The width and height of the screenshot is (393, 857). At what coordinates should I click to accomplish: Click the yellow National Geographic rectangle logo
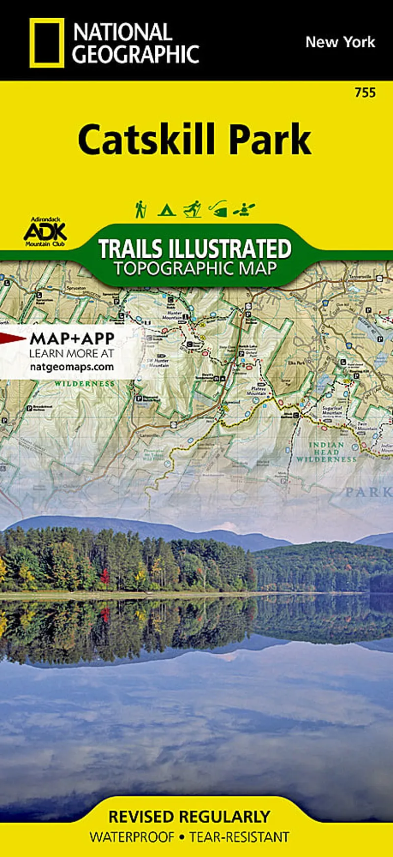tap(47, 43)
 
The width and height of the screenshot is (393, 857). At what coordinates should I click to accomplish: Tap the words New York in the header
tap(340, 42)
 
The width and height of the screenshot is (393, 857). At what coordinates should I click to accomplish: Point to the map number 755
tap(365, 92)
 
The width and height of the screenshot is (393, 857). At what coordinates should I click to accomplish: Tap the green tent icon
tap(167, 210)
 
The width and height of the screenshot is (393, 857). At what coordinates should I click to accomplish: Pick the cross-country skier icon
tap(193, 209)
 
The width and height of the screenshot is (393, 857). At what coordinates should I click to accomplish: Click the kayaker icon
tap(244, 210)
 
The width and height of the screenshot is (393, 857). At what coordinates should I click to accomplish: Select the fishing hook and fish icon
tap(218, 209)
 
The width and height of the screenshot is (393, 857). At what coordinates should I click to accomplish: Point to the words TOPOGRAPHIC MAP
tap(196, 269)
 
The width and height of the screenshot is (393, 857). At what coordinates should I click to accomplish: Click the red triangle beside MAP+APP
tap(12, 338)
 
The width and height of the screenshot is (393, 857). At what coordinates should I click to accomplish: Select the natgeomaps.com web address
tap(72, 367)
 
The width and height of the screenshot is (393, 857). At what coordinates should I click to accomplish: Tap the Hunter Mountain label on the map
tap(174, 315)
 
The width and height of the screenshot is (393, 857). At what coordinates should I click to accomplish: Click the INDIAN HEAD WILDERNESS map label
tap(326, 452)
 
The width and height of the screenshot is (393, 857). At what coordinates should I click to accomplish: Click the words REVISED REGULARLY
tap(189, 817)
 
